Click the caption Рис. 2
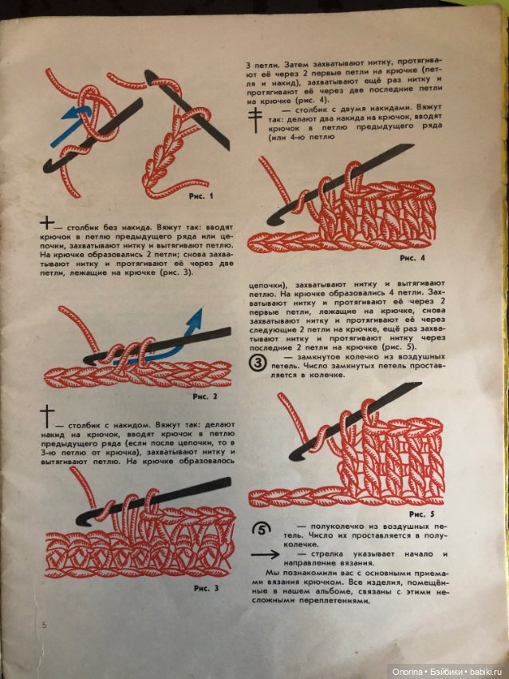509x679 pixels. (205, 395)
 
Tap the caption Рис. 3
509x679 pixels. (206, 589)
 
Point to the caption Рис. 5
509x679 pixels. (421, 514)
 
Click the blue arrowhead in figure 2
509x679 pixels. (192, 317)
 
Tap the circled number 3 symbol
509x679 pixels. (258, 364)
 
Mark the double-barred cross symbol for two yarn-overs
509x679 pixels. (254, 118)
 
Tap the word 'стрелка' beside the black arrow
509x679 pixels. (327, 554)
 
